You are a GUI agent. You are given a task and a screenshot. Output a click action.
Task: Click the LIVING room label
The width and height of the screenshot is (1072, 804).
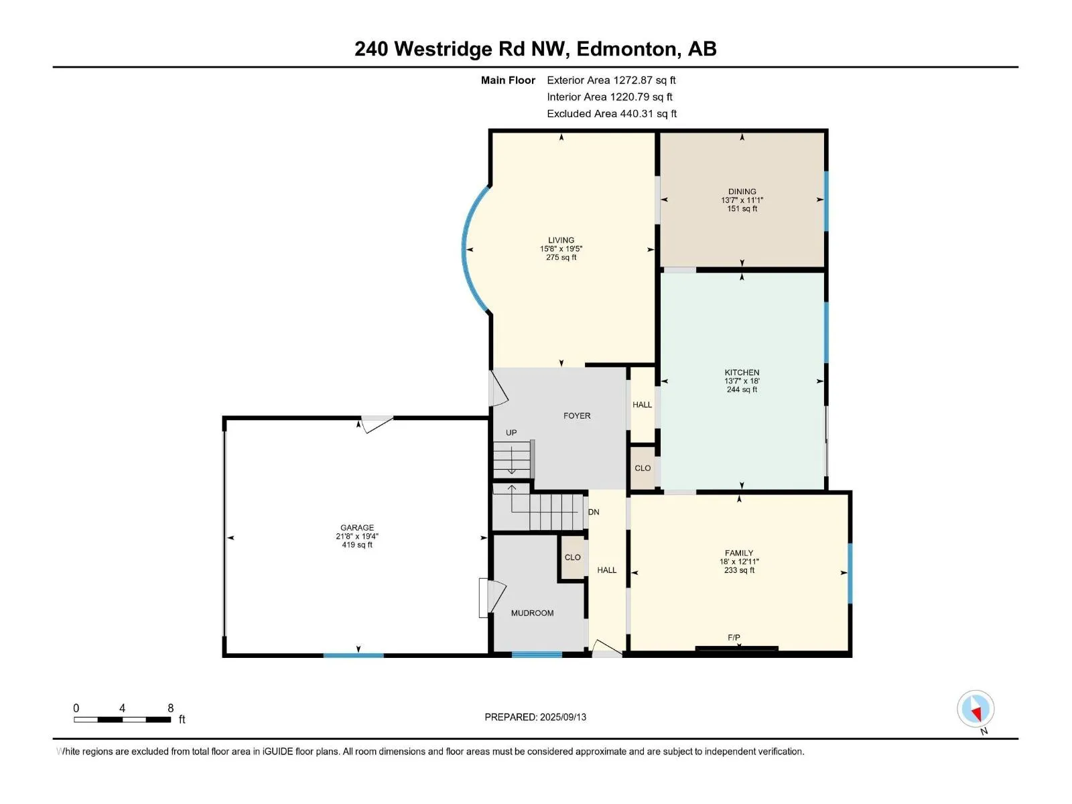[x=561, y=240]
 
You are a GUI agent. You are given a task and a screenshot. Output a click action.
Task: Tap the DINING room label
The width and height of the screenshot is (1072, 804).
[x=742, y=192]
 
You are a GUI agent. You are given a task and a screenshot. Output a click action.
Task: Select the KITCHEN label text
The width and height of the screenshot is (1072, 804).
[x=742, y=373]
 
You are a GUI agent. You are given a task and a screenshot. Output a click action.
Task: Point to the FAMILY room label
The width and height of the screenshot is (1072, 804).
[x=738, y=553]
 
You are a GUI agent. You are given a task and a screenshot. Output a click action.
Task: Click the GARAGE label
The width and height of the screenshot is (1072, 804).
[x=357, y=528]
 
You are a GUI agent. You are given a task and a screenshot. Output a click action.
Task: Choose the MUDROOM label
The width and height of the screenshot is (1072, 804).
[x=532, y=613]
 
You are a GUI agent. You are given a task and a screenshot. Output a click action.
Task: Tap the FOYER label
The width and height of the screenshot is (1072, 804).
[x=577, y=416]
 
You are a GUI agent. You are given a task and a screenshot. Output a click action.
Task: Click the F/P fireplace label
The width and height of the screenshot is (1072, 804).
[x=734, y=638]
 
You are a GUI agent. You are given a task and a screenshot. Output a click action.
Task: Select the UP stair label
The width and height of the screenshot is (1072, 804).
[x=511, y=433]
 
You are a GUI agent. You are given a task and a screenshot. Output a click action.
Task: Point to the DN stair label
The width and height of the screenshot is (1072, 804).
[x=594, y=512]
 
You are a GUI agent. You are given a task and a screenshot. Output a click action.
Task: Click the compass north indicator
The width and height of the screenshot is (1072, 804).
[x=975, y=708]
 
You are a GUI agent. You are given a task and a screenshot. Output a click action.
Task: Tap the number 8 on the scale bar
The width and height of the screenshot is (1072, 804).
[x=170, y=708]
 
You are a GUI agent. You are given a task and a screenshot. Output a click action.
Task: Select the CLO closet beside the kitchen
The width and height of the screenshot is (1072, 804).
[x=643, y=468]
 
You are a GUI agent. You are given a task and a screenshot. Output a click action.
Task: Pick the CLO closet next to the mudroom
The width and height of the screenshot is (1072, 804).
[x=572, y=557]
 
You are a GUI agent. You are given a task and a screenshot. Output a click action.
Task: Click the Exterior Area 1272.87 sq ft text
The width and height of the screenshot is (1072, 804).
[x=611, y=80]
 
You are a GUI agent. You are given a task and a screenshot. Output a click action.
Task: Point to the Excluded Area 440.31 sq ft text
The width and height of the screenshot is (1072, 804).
[x=612, y=114]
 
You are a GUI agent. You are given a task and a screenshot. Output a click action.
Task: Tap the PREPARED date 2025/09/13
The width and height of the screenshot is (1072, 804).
[x=535, y=717]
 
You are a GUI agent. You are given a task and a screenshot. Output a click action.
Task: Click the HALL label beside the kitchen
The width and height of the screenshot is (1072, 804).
[x=642, y=405]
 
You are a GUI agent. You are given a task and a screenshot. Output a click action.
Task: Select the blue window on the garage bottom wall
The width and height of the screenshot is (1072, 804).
[x=353, y=655]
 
